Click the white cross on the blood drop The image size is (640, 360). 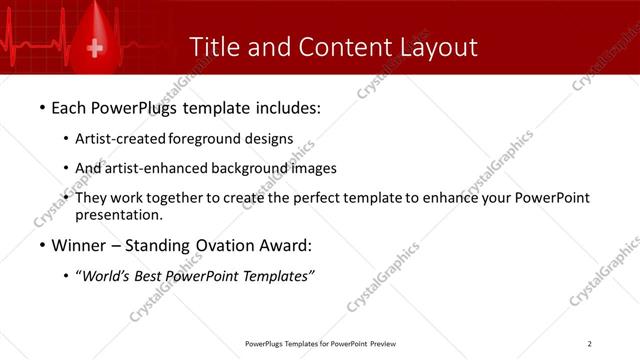[96, 48]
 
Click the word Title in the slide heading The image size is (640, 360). [214, 47]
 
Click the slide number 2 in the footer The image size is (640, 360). [589, 344]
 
